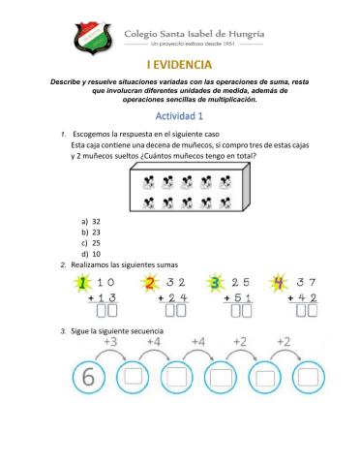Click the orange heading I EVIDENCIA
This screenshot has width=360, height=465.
pyautogui.click(x=179, y=65)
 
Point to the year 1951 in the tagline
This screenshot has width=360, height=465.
pyautogui.click(x=225, y=45)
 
